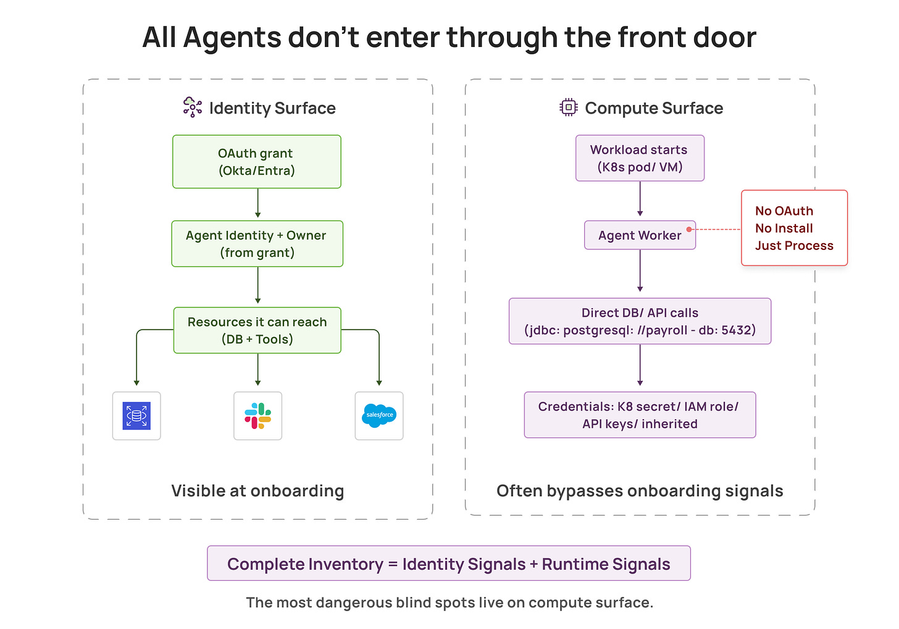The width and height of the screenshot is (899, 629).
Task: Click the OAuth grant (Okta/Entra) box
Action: [x=257, y=162]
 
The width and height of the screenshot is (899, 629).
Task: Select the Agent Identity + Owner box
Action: [x=257, y=244]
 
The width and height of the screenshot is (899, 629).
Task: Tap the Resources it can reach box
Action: [x=257, y=330]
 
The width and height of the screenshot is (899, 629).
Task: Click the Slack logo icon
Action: [x=257, y=415]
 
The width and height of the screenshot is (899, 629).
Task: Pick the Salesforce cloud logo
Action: [x=379, y=415]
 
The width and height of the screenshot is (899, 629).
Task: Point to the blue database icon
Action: [x=136, y=415]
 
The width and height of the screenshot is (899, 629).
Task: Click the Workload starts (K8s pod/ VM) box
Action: [x=640, y=158]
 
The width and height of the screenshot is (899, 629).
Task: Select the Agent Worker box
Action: [x=640, y=235]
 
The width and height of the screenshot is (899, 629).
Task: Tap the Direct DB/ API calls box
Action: [x=640, y=321]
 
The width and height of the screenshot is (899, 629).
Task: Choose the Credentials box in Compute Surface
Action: [x=640, y=415]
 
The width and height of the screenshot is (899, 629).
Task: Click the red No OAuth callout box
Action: [x=794, y=228]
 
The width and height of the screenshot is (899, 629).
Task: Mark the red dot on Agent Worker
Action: [x=689, y=229]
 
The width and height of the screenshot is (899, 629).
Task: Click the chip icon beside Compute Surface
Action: [x=568, y=107]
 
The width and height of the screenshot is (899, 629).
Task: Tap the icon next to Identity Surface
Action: [x=192, y=107]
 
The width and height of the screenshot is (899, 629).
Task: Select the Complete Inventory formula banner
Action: [x=448, y=564]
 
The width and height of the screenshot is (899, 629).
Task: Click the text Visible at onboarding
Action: [x=257, y=491]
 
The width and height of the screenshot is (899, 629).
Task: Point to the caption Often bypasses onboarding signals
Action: [x=640, y=491]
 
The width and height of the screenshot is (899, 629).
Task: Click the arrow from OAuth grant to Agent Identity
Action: [x=257, y=204]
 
